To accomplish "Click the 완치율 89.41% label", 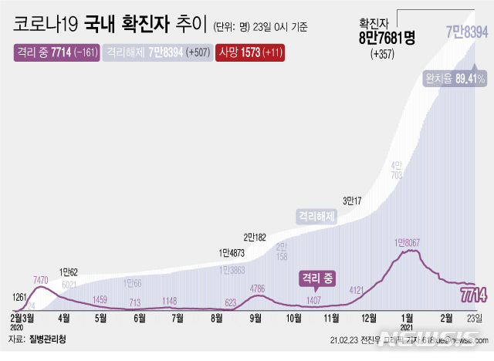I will tap(454, 79).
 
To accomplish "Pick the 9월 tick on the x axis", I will tap(254, 317).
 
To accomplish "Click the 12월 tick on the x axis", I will tap(369, 317).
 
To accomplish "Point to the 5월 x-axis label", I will tap(100, 317).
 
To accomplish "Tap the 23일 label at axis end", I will tap(475, 317).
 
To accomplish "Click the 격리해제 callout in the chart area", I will tap(317, 217).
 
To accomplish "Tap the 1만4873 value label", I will tap(233, 252).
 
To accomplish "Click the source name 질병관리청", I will tap(47, 339).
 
